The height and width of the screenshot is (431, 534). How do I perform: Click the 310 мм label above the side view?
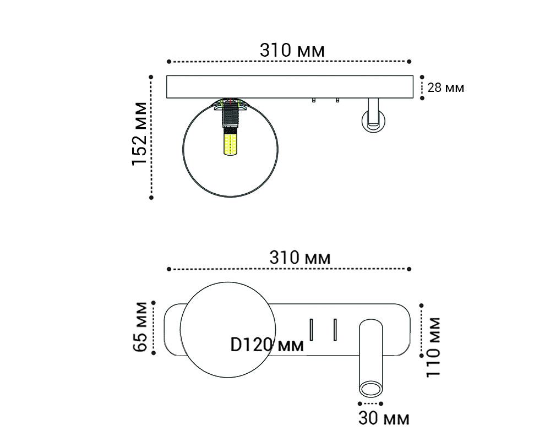(292, 50)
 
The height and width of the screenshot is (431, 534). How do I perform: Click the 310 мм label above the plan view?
(300, 257)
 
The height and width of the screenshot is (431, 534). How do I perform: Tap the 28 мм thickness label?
(446, 88)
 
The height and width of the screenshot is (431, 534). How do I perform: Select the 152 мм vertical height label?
(140, 134)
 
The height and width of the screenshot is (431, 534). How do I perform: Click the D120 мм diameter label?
(267, 345)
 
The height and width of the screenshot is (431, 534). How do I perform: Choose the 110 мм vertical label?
(434, 346)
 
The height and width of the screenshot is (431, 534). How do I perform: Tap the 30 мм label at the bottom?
(384, 418)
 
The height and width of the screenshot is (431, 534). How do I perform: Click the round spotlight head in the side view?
(373, 121)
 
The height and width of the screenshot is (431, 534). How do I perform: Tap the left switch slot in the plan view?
(310, 330)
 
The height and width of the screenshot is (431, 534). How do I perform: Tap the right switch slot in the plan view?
(334, 330)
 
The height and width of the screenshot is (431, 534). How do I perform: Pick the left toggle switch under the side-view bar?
(313, 101)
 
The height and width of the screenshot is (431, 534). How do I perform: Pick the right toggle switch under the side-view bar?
(336, 101)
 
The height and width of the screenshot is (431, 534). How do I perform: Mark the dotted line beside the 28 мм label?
(422, 88)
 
